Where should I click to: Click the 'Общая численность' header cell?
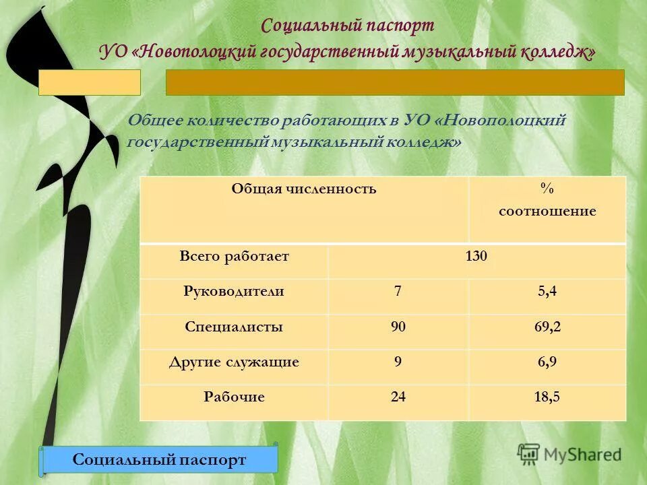coord(304,189)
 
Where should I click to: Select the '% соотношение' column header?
coord(547,201)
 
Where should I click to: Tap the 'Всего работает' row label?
coord(234,257)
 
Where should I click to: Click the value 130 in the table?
coord(476,257)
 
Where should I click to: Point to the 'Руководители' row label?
coord(234,292)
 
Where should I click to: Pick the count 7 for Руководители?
coord(398,292)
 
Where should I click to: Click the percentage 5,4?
coord(547,292)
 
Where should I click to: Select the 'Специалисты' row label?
coord(234,327)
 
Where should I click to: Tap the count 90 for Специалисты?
coord(398,327)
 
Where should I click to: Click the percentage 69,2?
coord(547,327)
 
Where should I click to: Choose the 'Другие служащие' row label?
coord(234,362)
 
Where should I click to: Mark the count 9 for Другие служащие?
coord(398,362)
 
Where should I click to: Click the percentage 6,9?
coord(547,362)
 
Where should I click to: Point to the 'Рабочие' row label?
coord(234,397)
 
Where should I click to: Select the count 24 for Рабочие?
coord(398,397)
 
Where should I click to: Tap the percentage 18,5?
coord(547,397)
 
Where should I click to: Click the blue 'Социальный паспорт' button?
coord(159,459)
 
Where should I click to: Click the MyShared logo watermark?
coord(569,454)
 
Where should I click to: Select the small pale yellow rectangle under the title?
coord(89,82)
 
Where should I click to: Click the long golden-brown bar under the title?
coord(395,82)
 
